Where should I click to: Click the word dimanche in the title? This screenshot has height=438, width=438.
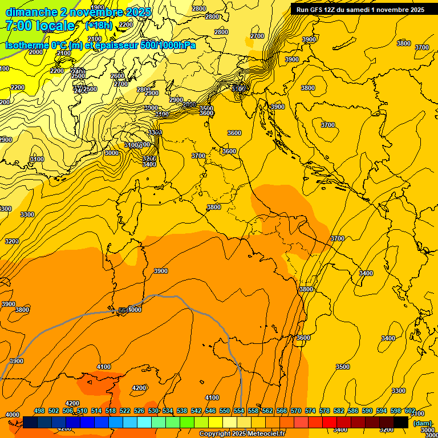click(x=31, y=12)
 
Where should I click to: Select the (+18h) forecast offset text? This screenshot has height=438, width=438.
click(x=98, y=26)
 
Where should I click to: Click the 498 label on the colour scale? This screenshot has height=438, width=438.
click(x=39, y=411)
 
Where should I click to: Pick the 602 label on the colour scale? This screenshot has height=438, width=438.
click(x=410, y=411)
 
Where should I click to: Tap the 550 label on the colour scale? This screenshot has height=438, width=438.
click(x=225, y=411)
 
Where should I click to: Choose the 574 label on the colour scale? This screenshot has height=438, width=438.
click(x=310, y=411)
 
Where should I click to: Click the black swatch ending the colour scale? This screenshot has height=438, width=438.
click(x=401, y=422)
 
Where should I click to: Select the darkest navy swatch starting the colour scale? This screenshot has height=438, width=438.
click(x=30, y=422)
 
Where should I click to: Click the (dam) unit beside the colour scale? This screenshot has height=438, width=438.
click(x=422, y=423)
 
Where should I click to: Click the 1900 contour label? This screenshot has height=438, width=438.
click(x=98, y=8)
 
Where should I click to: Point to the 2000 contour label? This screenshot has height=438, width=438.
click(x=35, y=52)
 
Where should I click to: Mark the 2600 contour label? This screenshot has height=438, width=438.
click(x=117, y=76)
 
